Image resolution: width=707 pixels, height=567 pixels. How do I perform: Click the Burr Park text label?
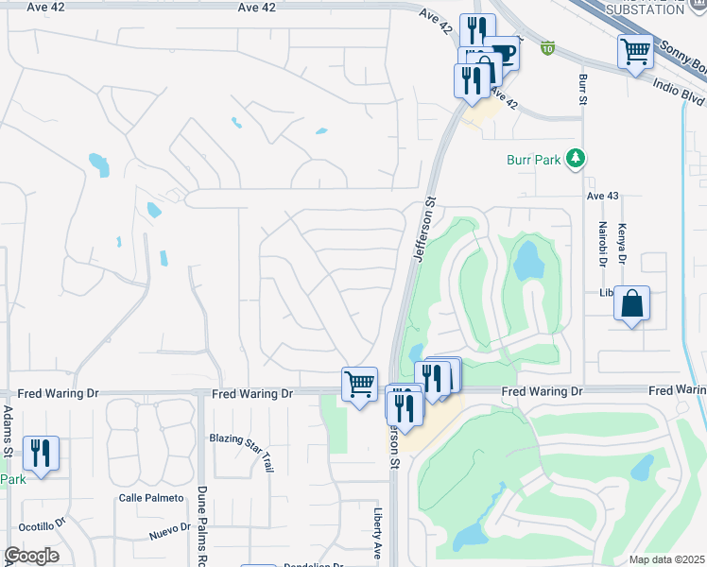(x=534, y=159)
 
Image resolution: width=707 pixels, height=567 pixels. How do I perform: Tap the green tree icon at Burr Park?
(x=574, y=158)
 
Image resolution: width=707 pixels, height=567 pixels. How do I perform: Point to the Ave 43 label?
(x=601, y=196)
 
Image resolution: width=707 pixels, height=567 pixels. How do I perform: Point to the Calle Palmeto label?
(x=148, y=498)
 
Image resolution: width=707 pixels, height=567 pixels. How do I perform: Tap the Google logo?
(x=31, y=556)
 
